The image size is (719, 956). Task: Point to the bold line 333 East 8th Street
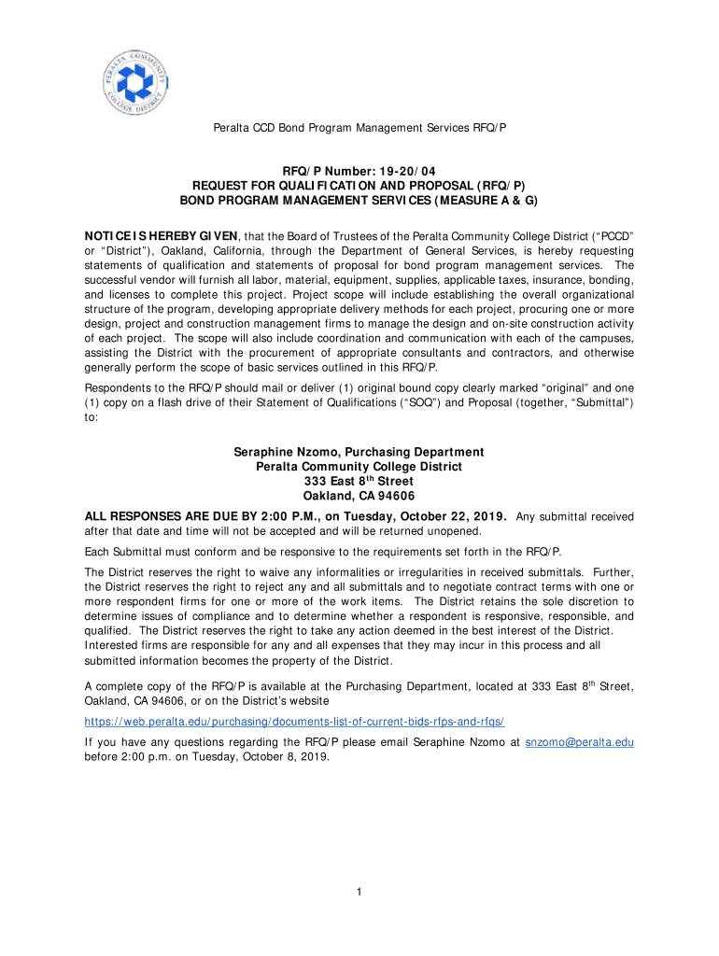pyautogui.click(x=359, y=481)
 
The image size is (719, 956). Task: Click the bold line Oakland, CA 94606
pyautogui.click(x=359, y=496)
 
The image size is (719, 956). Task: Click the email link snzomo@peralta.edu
pyautogui.click(x=580, y=741)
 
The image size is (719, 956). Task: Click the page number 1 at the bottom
pyautogui.click(x=359, y=892)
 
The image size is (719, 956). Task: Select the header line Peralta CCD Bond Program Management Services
pyautogui.click(x=359, y=125)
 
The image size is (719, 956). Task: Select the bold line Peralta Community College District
pyautogui.click(x=359, y=466)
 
